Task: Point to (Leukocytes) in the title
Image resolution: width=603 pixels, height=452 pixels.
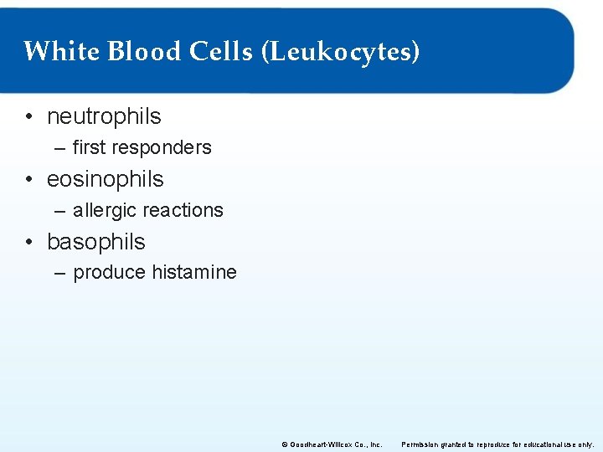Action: click(x=341, y=53)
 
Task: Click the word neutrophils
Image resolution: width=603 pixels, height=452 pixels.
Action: click(x=104, y=116)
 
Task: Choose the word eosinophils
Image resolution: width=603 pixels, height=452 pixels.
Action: click(x=106, y=179)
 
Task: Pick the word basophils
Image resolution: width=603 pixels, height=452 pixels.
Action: click(x=96, y=242)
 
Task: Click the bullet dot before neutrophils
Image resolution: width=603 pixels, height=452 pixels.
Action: click(x=29, y=116)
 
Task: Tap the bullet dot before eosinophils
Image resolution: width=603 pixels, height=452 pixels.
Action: click(x=29, y=179)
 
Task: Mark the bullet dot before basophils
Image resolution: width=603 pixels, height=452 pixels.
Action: click(x=29, y=242)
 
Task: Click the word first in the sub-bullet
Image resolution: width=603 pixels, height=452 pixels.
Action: click(x=89, y=148)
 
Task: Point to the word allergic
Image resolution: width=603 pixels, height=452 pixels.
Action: click(x=101, y=210)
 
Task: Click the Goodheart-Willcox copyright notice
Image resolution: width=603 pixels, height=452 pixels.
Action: click(x=332, y=444)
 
